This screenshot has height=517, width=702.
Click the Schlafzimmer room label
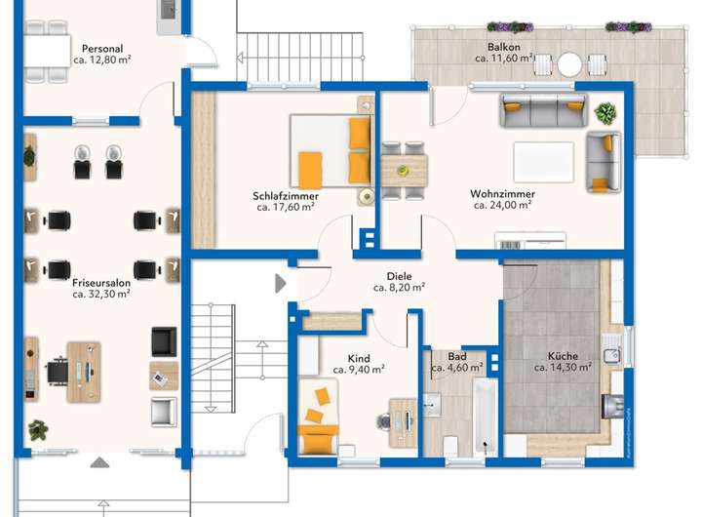[x=285, y=196]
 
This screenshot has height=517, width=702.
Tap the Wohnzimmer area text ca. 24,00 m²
[x=502, y=205]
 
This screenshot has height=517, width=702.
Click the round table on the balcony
[x=569, y=64]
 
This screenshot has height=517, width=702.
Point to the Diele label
[x=399, y=276]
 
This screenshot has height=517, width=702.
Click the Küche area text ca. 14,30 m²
[x=563, y=368]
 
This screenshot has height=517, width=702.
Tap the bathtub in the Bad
[x=486, y=417]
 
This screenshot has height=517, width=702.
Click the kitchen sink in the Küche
[x=611, y=355]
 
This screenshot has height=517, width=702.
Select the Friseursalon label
[x=101, y=283]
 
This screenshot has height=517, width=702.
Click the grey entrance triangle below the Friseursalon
[x=99, y=462]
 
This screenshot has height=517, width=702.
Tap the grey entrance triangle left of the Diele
[x=280, y=283]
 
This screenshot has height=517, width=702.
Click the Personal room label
[x=102, y=49]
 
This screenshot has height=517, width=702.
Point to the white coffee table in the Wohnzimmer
[x=543, y=162]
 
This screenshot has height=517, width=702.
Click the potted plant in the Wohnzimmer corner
[x=605, y=113]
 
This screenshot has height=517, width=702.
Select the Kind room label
[x=359, y=358]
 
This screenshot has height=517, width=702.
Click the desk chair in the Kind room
[x=383, y=422]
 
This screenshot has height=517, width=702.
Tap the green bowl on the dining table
[x=403, y=170]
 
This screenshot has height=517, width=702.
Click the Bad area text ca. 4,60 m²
[x=456, y=368]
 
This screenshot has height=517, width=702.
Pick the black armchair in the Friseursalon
[x=164, y=341]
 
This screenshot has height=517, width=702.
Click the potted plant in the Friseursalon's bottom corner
[x=38, y=429]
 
